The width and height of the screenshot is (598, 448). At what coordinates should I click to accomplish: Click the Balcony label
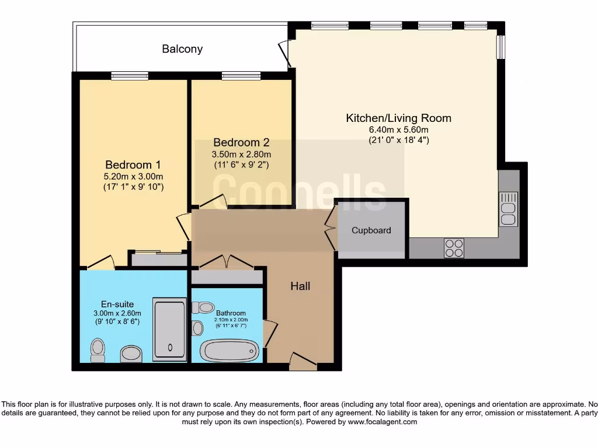point(182,49)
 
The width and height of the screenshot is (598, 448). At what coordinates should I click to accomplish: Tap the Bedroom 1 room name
point(133,164)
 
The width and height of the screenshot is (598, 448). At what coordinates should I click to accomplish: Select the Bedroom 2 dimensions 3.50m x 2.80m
point(241,154)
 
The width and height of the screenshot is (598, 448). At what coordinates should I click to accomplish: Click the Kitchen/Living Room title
point(398,118)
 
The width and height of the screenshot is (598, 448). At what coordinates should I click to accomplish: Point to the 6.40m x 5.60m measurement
point(398,130)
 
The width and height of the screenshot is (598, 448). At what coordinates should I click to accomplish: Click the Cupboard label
point(371,230)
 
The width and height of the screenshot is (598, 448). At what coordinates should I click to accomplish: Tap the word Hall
point(300,286)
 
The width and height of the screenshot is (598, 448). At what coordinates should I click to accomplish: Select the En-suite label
point(117,304)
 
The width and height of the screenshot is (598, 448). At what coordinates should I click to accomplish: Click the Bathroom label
point(231,313)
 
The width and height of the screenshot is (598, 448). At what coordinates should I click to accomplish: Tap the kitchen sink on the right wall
point(509,209)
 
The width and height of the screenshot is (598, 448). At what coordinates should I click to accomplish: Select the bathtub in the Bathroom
point(229,351)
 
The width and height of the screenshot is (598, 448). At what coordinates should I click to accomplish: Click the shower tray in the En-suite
point(170,330)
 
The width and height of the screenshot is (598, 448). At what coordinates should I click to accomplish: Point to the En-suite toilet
point(98,351)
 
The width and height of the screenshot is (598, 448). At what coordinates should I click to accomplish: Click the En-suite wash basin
point(131,354)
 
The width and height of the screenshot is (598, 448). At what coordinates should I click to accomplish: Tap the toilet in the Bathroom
point(203,307)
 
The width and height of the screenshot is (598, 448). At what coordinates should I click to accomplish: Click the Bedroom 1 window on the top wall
point(130,76)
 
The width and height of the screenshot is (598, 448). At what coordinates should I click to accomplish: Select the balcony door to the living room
point(285,54)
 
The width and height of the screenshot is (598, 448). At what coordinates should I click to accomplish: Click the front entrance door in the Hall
point(303,362)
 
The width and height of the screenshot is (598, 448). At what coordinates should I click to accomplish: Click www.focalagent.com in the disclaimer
point(382,422)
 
